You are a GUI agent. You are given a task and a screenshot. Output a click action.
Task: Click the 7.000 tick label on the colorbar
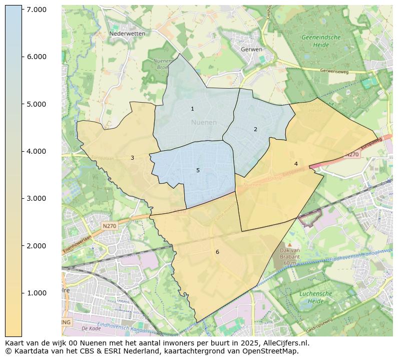36,10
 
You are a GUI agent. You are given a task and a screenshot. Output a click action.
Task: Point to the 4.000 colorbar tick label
36,151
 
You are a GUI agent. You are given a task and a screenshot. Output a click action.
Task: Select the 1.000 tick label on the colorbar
36,293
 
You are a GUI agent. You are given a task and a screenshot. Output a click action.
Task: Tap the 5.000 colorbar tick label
36,104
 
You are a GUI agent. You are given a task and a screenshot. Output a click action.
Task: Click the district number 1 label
192,109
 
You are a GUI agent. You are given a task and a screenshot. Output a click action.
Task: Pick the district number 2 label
255,129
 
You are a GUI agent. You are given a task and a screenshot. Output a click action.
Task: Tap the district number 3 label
132,158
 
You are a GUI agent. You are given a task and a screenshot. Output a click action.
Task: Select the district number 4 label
296,164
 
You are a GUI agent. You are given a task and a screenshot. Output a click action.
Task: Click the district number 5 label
198,170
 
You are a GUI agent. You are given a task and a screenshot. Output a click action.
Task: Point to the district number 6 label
217,252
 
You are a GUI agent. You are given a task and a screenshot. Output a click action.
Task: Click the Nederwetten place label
127,34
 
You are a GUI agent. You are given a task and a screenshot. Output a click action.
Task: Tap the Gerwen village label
251,50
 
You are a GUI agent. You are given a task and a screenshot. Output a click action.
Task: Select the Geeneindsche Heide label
321,41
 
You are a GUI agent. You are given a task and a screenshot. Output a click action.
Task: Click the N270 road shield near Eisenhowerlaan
109,226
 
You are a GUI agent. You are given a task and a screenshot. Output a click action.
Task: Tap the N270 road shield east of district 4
352,155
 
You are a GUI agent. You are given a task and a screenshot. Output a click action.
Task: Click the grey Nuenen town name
204,122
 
